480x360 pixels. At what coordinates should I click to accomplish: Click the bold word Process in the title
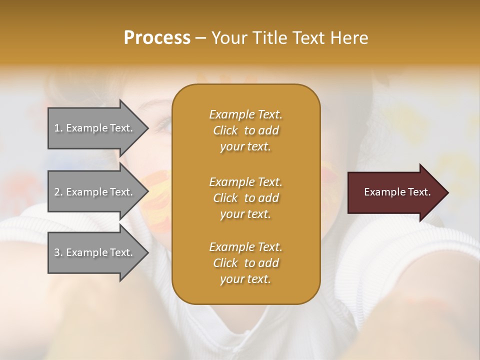tap(157, 38)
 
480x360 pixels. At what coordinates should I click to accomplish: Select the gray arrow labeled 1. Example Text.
tap(95, 128)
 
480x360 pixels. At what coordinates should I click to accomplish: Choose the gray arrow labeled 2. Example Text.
tap(95, 192)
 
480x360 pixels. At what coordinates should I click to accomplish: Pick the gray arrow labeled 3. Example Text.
tap(95, 252)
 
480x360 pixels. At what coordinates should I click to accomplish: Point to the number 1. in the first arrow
tap(58, 128)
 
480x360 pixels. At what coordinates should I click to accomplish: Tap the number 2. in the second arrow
tap(58, 192)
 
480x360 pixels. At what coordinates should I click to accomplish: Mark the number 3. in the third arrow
tap(58, 252)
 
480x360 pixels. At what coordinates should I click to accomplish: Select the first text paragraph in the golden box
tap(245, 130)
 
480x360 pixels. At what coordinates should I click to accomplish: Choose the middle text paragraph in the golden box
tap(245, 197)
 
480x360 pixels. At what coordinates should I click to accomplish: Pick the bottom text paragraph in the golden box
tap(245, 263)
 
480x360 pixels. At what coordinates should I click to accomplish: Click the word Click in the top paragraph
tap(225, 131)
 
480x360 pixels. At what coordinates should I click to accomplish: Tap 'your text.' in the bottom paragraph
tap(245, 279)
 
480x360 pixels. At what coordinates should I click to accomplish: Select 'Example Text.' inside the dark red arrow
tap(397, 192)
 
